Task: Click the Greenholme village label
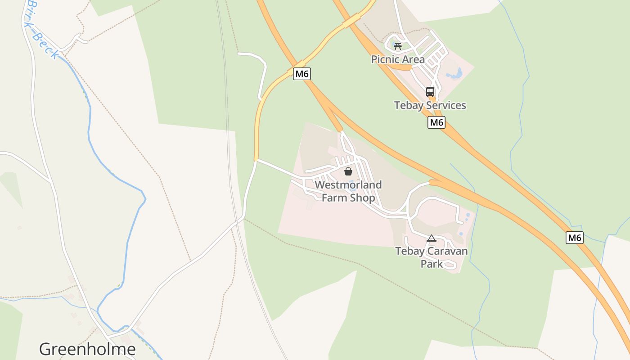pyautogui.click(x=87, y=349)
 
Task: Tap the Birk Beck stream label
pyautogui.click(x=43, y=29)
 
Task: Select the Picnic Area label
pyautogui.click(x=398, y=59)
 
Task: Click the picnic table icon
pyautogui.click(x=397, y=46)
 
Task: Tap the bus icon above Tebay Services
pyautogui.click(x=430, y=92)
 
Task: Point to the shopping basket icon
pyautogui.click(x=348, y=171)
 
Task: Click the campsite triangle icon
pyautogui.click(x=432, y=238)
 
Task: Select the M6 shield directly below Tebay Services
pyautogui.click(x=436, y=122)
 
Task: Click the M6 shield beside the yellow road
pyautogui.click(x=301, y=74)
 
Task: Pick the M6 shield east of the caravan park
pyautogui.click(x=574, y=238)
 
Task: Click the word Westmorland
pyautogui.click(x=348, y=185)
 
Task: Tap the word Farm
pyautogui.click(x=334, y=198)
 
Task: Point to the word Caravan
pyautogui.click(x=447, y=251)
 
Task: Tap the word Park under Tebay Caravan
pyautogui.click(x=432, y=264)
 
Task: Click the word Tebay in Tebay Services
pyautogui.click(x=409, y=106)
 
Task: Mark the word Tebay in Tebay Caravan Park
pyautogui.click(x=409, y=251)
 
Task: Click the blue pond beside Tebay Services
pyautogui.click(x=455, y=73)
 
